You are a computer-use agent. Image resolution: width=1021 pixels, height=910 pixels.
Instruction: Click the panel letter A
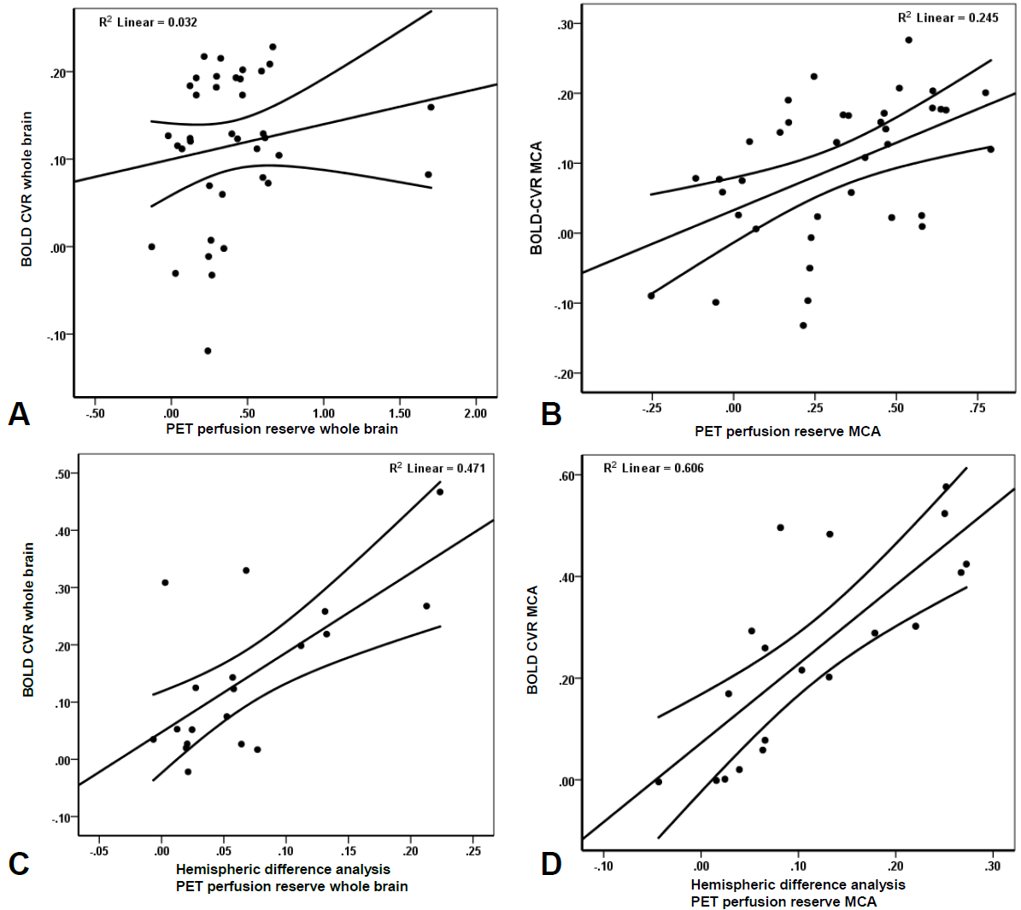click(19, 414)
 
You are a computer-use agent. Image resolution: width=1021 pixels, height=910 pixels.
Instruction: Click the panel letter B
click(551, 415)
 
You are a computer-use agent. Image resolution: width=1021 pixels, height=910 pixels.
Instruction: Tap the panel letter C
click(19, 863)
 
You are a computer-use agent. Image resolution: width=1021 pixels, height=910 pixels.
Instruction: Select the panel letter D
click(551, 863)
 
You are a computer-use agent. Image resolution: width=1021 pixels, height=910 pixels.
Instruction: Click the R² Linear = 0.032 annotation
click(148, 21)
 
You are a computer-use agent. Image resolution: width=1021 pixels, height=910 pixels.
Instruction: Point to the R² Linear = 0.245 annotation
click(948, 18)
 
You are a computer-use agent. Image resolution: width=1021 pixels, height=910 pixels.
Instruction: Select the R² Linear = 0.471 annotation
click(437, 468)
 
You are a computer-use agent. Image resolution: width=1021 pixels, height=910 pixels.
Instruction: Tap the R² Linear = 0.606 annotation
click(654, 468)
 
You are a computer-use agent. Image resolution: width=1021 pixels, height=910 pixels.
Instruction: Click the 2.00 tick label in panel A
click(475, 413)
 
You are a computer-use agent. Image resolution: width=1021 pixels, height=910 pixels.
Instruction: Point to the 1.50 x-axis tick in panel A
click(399, 413)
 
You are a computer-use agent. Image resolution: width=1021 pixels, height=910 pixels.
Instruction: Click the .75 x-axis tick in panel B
click(977, 408)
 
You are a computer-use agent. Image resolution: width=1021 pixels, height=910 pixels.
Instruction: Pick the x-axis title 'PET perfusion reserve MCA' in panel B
click(787, 431)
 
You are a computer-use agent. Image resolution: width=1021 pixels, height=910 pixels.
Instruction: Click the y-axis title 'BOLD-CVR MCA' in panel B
click(537, 198)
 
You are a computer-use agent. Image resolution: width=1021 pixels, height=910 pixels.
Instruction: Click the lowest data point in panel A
click(208, 351)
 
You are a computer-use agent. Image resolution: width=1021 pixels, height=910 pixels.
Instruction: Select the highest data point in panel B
click(908, 40)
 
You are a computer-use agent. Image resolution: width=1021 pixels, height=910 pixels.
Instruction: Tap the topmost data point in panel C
click(440, 492)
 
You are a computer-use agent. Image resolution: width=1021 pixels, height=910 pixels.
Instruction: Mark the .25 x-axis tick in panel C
click(473, 851)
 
